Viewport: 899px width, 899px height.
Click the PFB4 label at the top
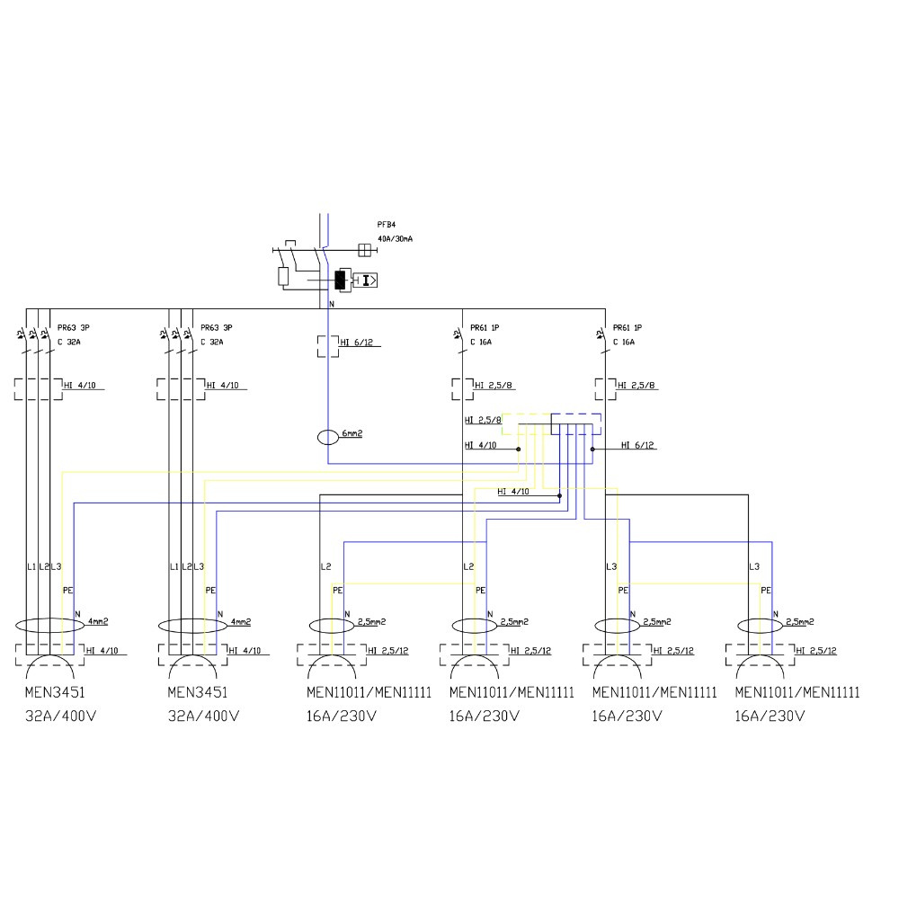pyautogui.click(x=386, y=224)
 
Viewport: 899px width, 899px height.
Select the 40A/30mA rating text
pyautogui.click(x=395, y=238)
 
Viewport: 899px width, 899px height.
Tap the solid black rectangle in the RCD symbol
pyautogui.click(x=340, y=280)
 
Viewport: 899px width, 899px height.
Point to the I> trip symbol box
pyautogui.click(x=366, y=280)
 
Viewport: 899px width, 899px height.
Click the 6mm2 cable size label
pyautogui.click(x=352, y=434)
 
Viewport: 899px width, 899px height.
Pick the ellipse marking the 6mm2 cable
pyautogui.click(x=327, y=439)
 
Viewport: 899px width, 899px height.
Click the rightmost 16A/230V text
pyautogui.click(x=770, y=717)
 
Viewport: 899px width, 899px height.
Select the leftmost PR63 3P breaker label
pyautogui.click(x=74, y=328)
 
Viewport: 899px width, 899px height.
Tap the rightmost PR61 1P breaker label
pyautogui.click(x=628, y=328)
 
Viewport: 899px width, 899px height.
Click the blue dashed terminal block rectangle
pyautogui.click(x=575, y=424)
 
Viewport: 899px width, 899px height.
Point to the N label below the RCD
pyautogui.click(x=332, y=305)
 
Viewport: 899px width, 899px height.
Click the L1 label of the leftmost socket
pyautogui.click(x=31, y=566)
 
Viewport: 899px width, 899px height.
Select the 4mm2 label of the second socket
pyautogui.click(x=240, y=621)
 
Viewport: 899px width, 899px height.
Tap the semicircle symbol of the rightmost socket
pyautogui.click(x=761, y=670)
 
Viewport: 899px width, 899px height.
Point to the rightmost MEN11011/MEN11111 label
pyautogui.click(x=797, y=693)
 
